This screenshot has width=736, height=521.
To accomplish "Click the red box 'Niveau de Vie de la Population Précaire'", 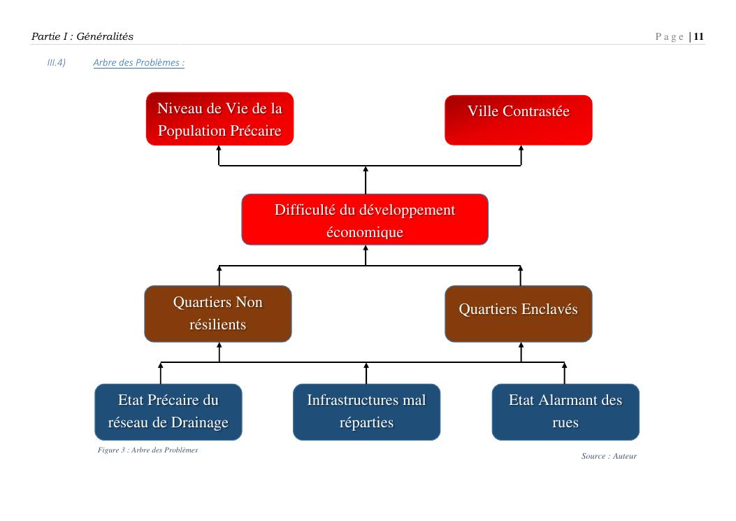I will coord(219,119).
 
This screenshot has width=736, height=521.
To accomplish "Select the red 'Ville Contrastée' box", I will coord(519,120).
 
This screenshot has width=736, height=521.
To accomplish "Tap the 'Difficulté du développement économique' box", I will coord(365,220).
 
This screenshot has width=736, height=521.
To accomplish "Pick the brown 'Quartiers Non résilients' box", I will coord(218,313).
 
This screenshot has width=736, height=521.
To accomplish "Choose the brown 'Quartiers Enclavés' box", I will coord(519,313).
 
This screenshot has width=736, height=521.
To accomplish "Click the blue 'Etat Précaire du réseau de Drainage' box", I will coord(168,412).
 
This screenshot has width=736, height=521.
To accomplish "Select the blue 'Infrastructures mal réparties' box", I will coord(366,412).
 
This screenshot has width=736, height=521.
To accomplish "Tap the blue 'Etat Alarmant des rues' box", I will coord(565,412).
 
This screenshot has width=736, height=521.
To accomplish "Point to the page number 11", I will coord(699,36).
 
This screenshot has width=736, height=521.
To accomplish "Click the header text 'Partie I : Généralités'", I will coord(82,36).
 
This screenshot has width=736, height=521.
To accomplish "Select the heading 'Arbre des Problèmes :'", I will coord(138,63).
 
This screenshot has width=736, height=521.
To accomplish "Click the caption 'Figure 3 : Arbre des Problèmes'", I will coord(148,450).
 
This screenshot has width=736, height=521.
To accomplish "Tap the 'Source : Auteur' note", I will coord(609,457).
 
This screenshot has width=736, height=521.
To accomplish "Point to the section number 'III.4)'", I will coord(56,63).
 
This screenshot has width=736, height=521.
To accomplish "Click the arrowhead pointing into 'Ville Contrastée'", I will coord(521,148).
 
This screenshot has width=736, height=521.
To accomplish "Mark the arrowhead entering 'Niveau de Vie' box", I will coord(219,148).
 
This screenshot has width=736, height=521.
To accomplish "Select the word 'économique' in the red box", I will coord(365,232).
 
